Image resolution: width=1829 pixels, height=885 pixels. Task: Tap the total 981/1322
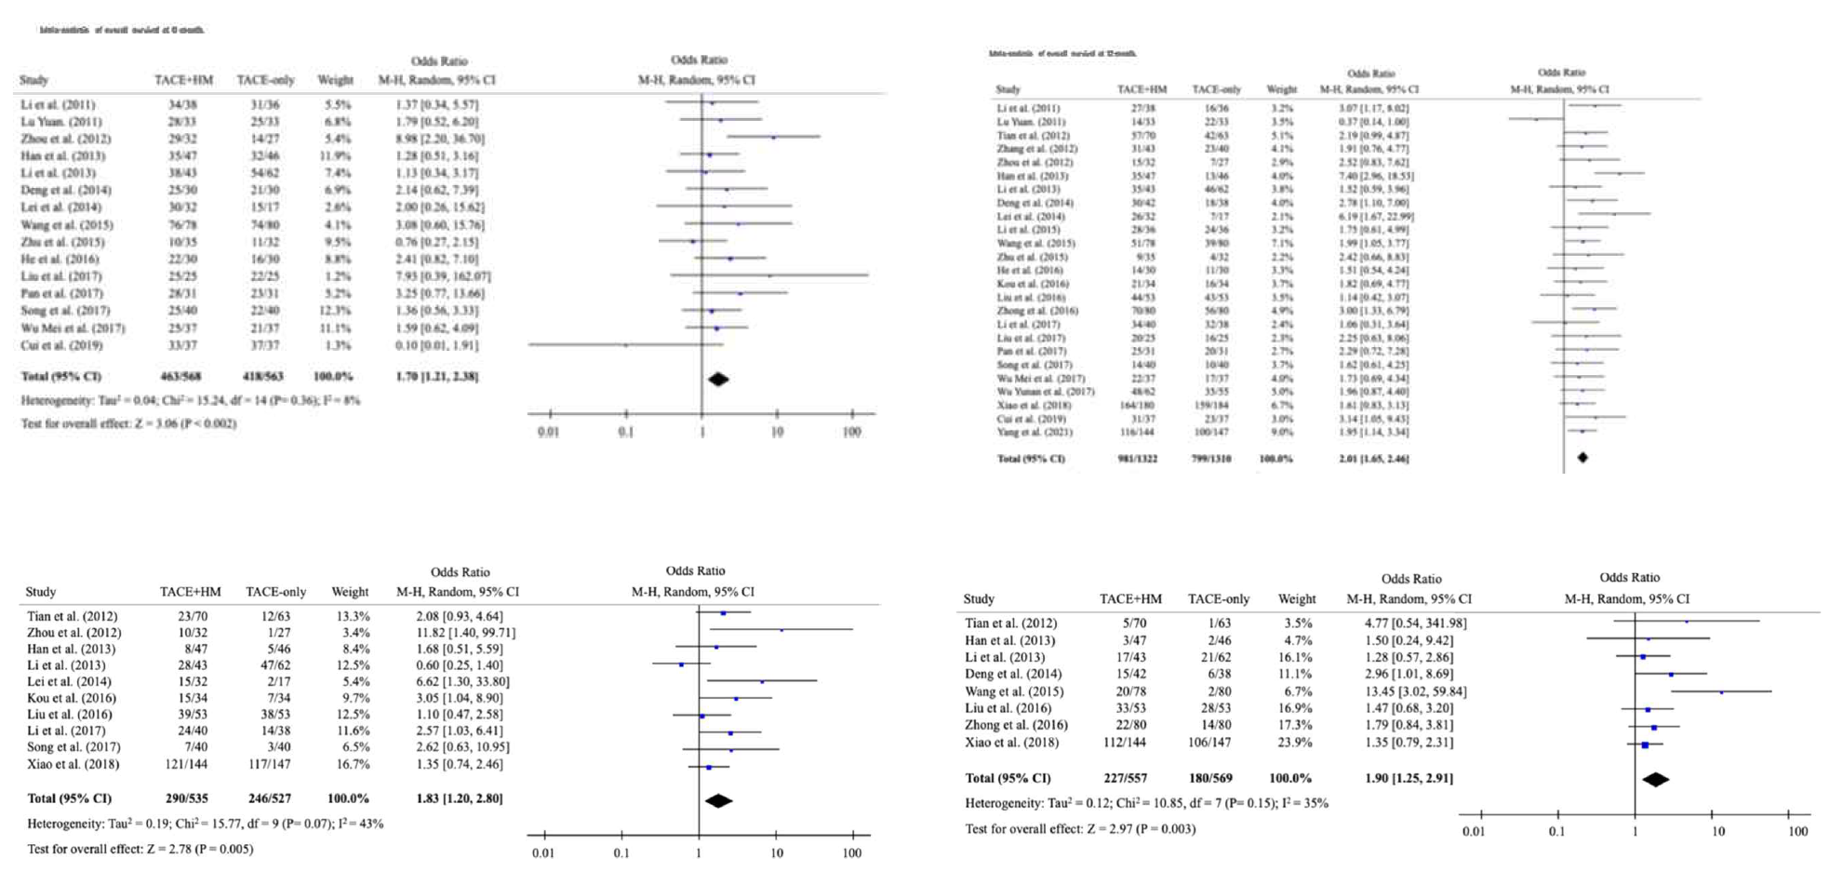1137,459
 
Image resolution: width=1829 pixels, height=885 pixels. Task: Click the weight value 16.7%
351,764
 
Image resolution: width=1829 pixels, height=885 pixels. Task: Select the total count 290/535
190,798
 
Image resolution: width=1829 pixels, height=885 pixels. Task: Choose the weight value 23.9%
1295,743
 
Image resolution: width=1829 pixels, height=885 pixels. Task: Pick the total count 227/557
1129,778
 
